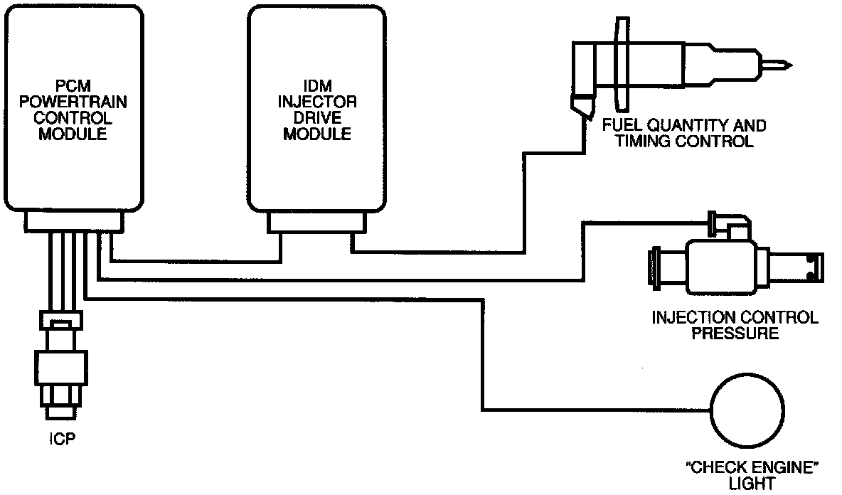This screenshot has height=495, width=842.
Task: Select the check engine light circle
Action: pyautogui.click(x=749, y=410)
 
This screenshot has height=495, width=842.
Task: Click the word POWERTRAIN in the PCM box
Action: pyautogui.click(x=74, y=102)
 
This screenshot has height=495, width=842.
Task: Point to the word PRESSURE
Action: pyautogui.click(x=735, y=332)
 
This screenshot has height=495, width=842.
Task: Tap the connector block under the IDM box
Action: pyautogui.click(x=316, y=223)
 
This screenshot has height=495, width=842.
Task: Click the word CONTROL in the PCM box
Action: pyautogui.click(x=74, y=118)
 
